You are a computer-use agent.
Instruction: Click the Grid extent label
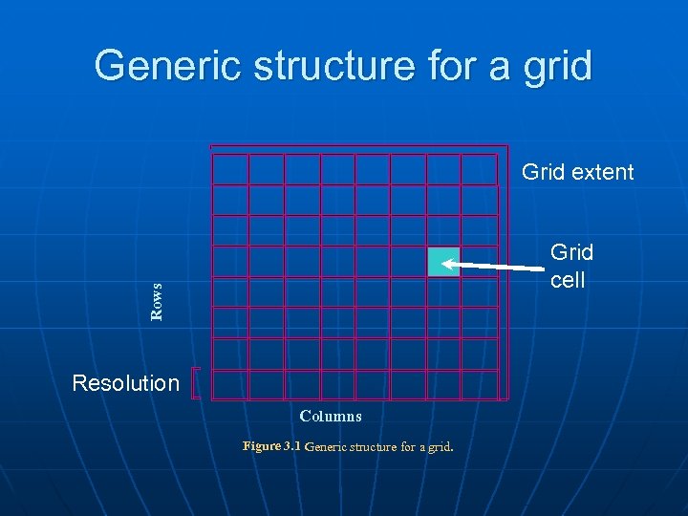tap(577, 172)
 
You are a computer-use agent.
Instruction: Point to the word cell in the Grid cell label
tap(568, 281)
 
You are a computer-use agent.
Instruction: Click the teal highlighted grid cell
tap(443, 262)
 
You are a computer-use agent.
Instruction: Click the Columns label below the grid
tap(330, 416)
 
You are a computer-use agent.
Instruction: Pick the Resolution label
tap(126, 383)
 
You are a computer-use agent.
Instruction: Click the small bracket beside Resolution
tap(195, 383)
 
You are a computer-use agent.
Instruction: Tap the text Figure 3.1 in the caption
tap(271, 446)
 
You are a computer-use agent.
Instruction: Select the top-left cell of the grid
tap(230, 169)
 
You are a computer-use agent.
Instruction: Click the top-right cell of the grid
tap(480, 169)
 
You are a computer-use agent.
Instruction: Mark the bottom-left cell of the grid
tap(230, 384)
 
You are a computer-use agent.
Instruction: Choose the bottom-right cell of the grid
tap(480, 384)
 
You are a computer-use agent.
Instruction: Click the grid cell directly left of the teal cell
tap(408, 262)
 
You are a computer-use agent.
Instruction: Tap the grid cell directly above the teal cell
tap(443, 231)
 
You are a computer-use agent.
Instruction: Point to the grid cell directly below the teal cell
tap(443, 292)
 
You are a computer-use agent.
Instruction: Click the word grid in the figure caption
tap(438, 446)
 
